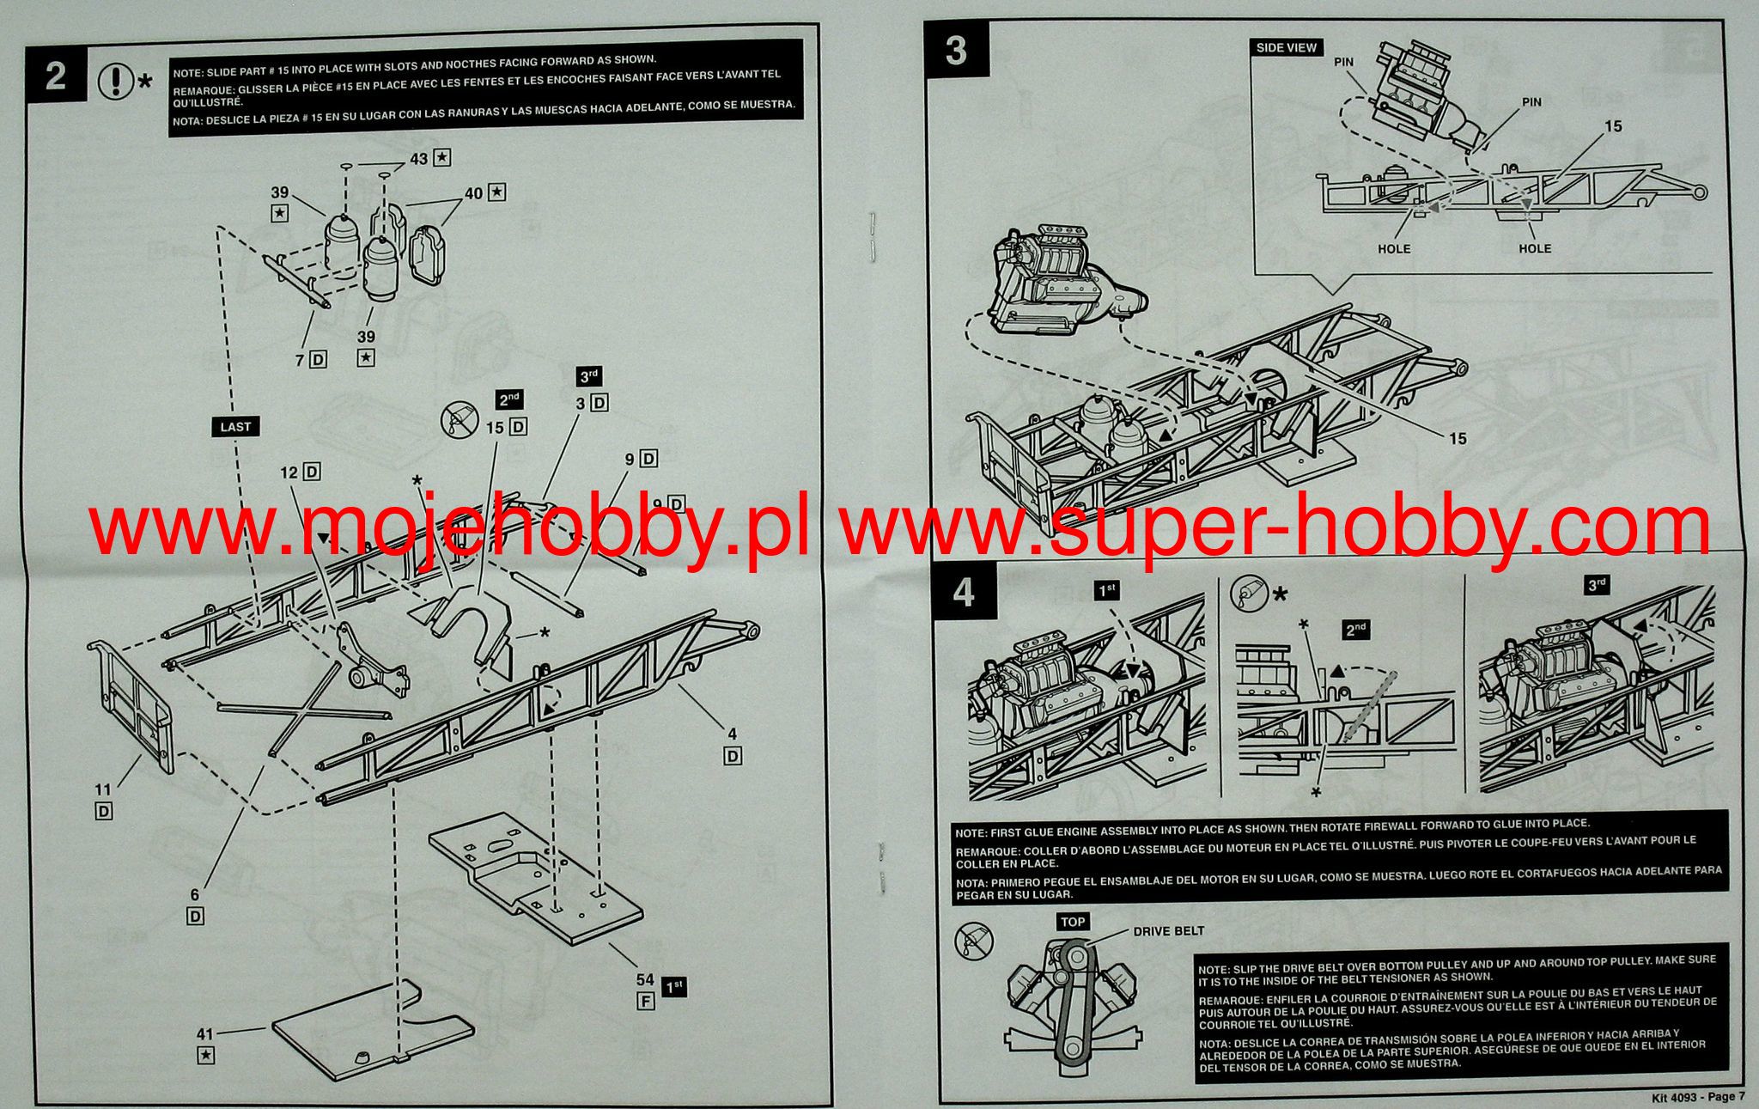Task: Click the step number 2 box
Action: (x=56, y=76)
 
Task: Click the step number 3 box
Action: (x=956, y=50)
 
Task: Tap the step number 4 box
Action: (x=965, y=594)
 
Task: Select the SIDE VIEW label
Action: (x=1286, y=48)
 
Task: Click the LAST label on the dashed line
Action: (x=236, y=427)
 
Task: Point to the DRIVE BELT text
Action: (x=1168, y=931)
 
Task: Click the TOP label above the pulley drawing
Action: (x=1073, y=923)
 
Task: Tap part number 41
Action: (x=205, y=1036)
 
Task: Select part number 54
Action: (x=645, y=980)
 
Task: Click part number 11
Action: (x=103, y=789)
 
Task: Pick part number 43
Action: (x=419, y=159)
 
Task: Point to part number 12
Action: (x=289, y=472)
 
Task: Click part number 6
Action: (x=195, y=895)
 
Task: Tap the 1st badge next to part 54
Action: (x=674, y=988)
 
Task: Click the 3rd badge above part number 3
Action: (x=588, y=376)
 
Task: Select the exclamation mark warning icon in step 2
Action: (x=115, y=82)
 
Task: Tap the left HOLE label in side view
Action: (x=1393, y=248)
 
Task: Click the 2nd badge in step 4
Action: (x=1355, y=630)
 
